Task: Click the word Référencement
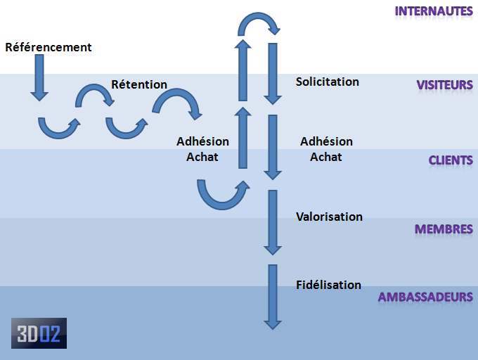[x=49, y=47]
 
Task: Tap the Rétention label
[x=139, y=84]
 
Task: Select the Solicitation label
[x=328, y=82]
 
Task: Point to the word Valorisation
[x=329, y=217]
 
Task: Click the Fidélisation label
[x=329, y=285]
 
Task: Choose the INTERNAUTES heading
[x=434, y=11]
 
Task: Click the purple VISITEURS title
[x=445, y=85]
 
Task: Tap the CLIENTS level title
[x=451, y=160]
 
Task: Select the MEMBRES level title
[x=444, y=229]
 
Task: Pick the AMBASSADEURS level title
[x=425, y=297]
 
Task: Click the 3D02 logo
[x=39, y=333]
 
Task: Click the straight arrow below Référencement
[x=39, y=78]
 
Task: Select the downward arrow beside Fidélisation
[x=273, y=297]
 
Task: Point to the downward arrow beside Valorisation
[x=273, y=222]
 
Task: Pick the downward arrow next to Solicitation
[x=273, y=74]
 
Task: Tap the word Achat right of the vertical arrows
[x=326, y=157]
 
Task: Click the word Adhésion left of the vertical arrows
[x=202, y=141]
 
